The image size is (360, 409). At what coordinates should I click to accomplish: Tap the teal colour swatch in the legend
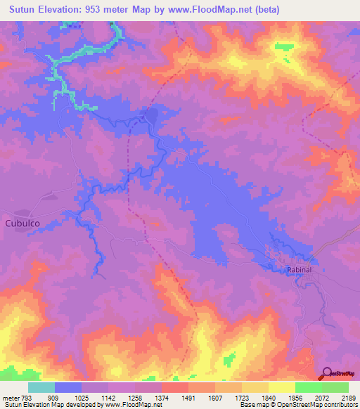click(x=41, y=387)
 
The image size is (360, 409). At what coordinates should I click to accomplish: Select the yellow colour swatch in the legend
click(x=281, y=387)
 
